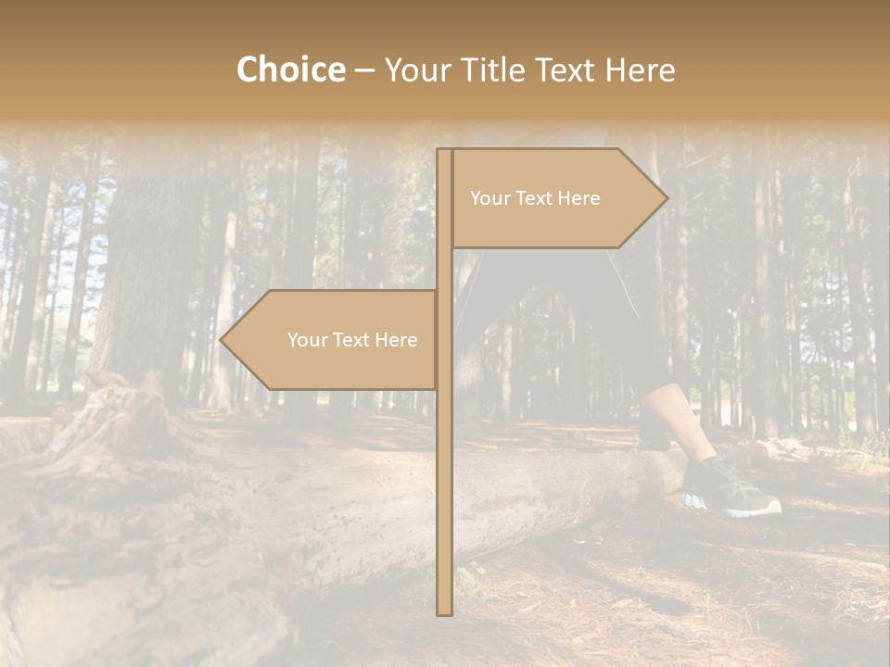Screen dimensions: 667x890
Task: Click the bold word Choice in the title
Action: [x=290, y=69]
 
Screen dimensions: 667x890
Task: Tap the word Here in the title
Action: [x=640, y=69]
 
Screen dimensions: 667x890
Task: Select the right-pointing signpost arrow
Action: [x=556, y=198]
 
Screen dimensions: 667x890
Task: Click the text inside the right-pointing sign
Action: [x=535, y=198]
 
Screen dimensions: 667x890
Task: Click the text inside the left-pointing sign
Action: [x=352, y=340]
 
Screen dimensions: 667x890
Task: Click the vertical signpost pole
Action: [x=445, y=463]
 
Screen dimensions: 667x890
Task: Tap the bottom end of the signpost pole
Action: [x=445, y=612]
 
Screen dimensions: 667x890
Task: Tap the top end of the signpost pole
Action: [x=445, y=151]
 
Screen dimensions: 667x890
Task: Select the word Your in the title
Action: [x=413, y=69]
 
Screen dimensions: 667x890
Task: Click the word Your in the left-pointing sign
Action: [x=307, y=340]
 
